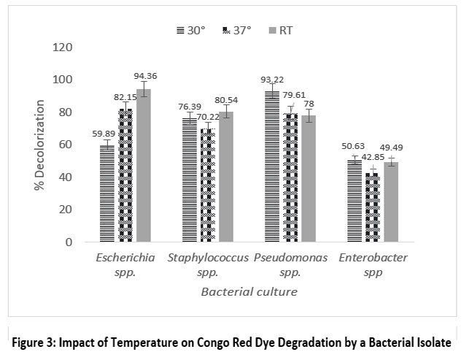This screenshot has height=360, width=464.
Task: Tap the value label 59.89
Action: pos(105,133)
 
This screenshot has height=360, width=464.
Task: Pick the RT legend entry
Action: pos(279,30)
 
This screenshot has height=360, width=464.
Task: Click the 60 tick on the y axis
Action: pos(66,145)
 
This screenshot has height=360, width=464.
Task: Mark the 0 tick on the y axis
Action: pos(69,242)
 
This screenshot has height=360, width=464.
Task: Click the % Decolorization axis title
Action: pos(39,144)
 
